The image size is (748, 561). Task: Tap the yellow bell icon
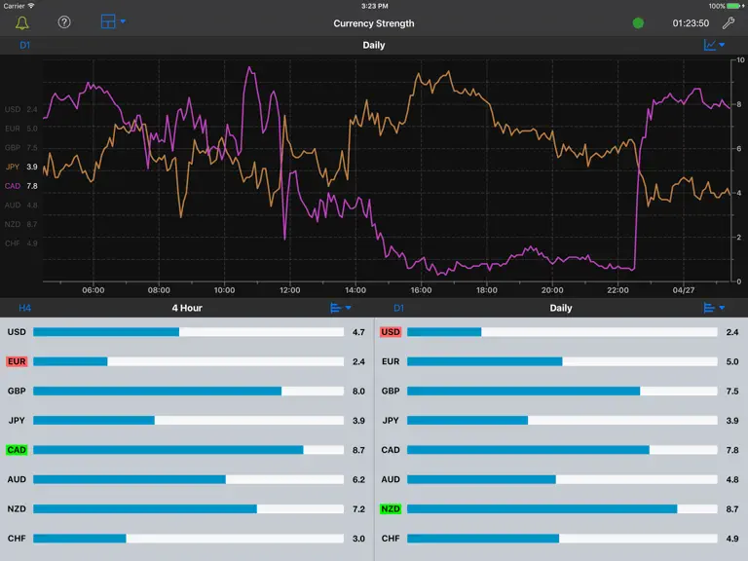22,22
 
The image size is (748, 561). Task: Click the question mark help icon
64,22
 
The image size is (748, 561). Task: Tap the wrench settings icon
729,23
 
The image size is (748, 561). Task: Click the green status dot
638,23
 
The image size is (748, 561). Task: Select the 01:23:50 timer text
691,23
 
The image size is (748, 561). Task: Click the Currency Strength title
374,23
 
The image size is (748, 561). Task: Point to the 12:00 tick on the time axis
289,290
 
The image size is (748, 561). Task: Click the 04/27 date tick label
683,290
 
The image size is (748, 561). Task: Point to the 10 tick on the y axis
740,60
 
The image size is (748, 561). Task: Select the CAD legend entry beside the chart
21,186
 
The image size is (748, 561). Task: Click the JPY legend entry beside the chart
21,167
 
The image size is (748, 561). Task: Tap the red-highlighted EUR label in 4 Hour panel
17,361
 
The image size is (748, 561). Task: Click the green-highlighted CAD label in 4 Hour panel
17,450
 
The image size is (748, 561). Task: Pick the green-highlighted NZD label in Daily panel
391,509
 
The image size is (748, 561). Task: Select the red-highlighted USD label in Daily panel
391,332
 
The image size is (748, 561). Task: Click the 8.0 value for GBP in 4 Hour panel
358,392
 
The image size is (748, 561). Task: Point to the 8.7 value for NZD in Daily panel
732,509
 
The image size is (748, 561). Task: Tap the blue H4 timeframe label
24,308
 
